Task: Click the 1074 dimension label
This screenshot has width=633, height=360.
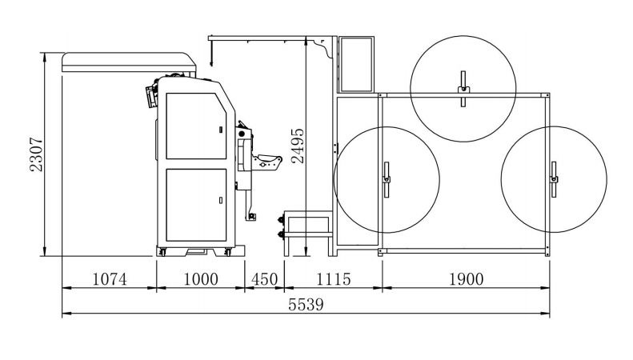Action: pos(110,279)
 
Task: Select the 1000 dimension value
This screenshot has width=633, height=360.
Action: pos(201,279)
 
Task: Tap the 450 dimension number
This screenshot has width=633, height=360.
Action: pos(264,279)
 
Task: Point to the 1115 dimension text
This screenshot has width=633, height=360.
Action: pos(333,279)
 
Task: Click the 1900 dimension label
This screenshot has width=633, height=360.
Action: pos(467,279)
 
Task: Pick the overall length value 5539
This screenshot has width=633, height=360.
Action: pos(306,305)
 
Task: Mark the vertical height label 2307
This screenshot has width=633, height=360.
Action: pos(36,154)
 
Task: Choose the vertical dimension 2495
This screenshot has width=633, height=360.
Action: pos(298,146)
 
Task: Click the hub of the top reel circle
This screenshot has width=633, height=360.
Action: pos(463,89)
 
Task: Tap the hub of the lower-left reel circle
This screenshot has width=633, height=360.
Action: pos(387,179)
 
